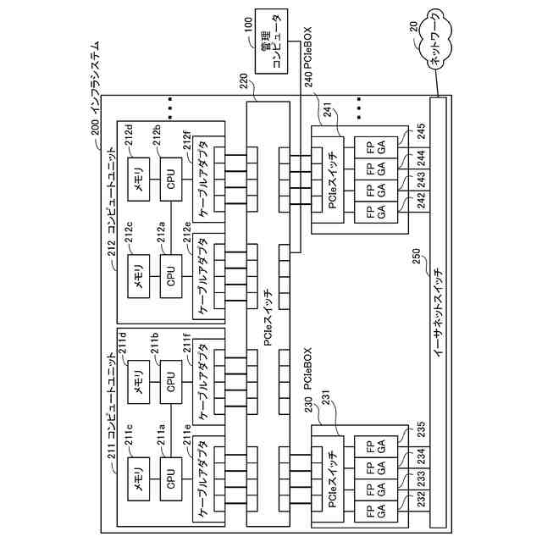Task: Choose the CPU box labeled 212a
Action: [171, 274]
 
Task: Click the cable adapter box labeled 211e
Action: [204, 478]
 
